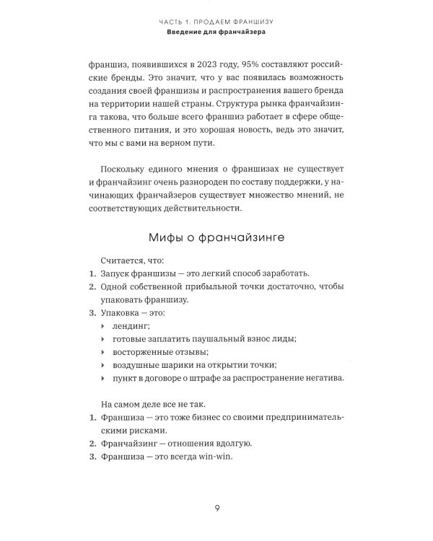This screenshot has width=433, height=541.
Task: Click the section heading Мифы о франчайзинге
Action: (x=216, y=238)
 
